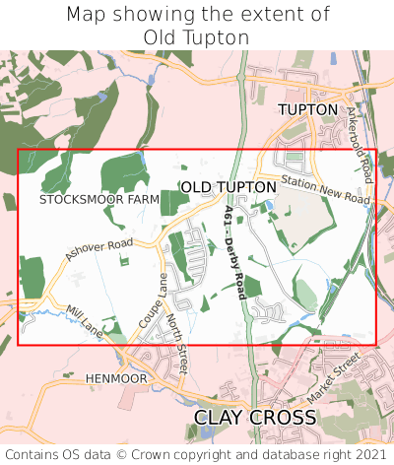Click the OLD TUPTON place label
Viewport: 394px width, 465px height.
[x=229, y=187]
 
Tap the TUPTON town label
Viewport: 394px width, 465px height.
[x=307, y=109]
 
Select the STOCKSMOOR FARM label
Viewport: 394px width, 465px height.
[x=99, y=199]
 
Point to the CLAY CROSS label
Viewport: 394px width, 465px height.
[x=255, y=418]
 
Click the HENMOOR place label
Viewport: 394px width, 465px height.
[x=116, y=378]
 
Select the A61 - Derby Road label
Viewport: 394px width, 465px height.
[x=234, y=253]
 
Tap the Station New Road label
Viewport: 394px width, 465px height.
[x=325, y=191]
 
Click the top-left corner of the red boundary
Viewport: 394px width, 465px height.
[x=19, y=150]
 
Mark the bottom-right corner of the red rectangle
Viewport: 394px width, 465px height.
[x=375, y=344]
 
